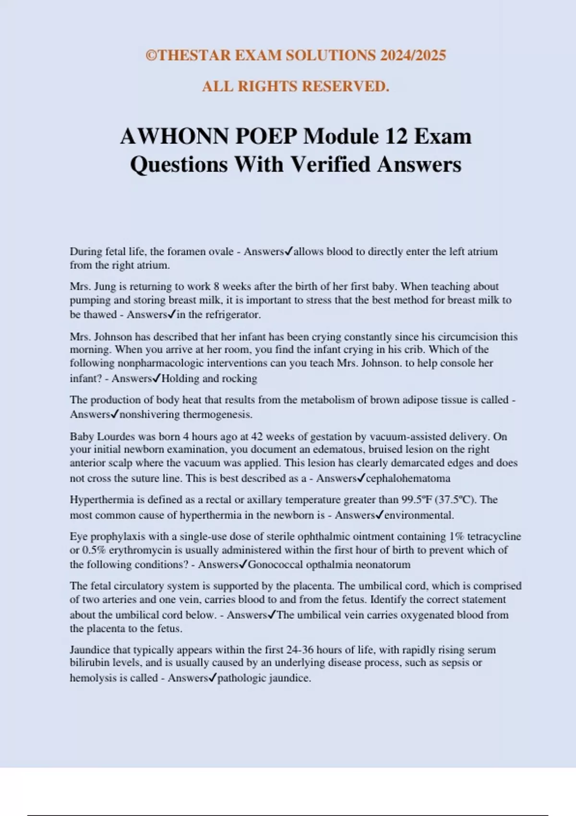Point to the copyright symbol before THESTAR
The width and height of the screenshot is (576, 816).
pos(151,55)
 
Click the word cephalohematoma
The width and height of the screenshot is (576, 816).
pos(408,478)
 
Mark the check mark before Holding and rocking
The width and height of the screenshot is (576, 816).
pos(156,378)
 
